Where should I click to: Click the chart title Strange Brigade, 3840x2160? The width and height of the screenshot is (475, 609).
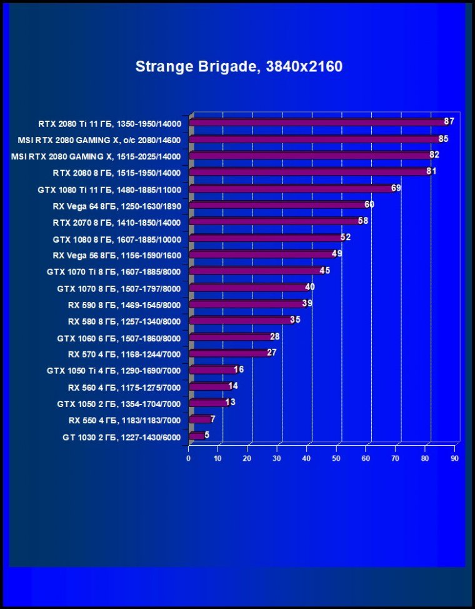pyautogui.click(x=239, y=66)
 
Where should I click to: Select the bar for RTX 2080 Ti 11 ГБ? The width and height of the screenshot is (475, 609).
pyautogui.click(x=316, y=122)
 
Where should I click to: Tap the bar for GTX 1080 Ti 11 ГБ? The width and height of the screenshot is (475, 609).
pyautogui.click(x=291, y=188)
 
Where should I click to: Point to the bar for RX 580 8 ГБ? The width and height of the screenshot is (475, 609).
pyautogui.click(x=240, y=320)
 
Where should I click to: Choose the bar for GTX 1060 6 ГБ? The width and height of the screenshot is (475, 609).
pyautogui.click(x=229, y=337)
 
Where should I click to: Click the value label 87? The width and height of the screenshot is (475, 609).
pyautogui.click(x=449, y=121)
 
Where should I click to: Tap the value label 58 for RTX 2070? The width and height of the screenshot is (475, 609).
pyautogui.click(x=363, y=221)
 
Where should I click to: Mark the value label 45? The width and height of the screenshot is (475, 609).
pyautogui.click(x=324, y=270)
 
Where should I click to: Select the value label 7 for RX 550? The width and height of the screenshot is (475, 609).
pyautogui.click(x=212, y=418)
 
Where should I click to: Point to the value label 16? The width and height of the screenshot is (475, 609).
pyautogui.click(x=239, y=369)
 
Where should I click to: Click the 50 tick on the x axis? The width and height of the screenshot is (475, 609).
pyautogui.click(x=337, y=458)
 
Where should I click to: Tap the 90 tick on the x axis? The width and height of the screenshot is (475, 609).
pyautogui.click(x=454, y=458)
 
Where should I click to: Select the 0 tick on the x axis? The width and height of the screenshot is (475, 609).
pyautogui.click(x=189, y=458)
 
